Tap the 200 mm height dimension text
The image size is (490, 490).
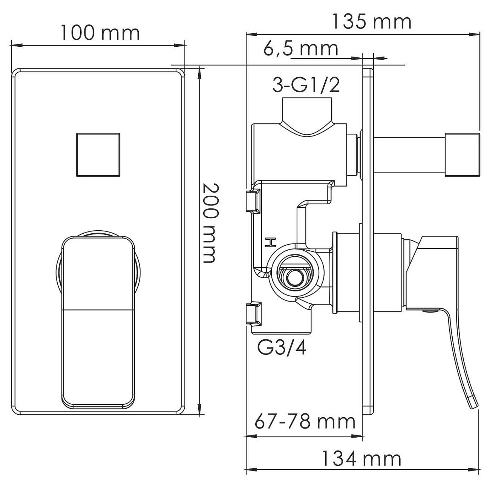(x=211, y=222)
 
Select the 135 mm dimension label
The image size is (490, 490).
(x=372, y=22)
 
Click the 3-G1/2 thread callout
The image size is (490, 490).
(x=306, y=85)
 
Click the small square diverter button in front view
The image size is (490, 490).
(x=98, y=155)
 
